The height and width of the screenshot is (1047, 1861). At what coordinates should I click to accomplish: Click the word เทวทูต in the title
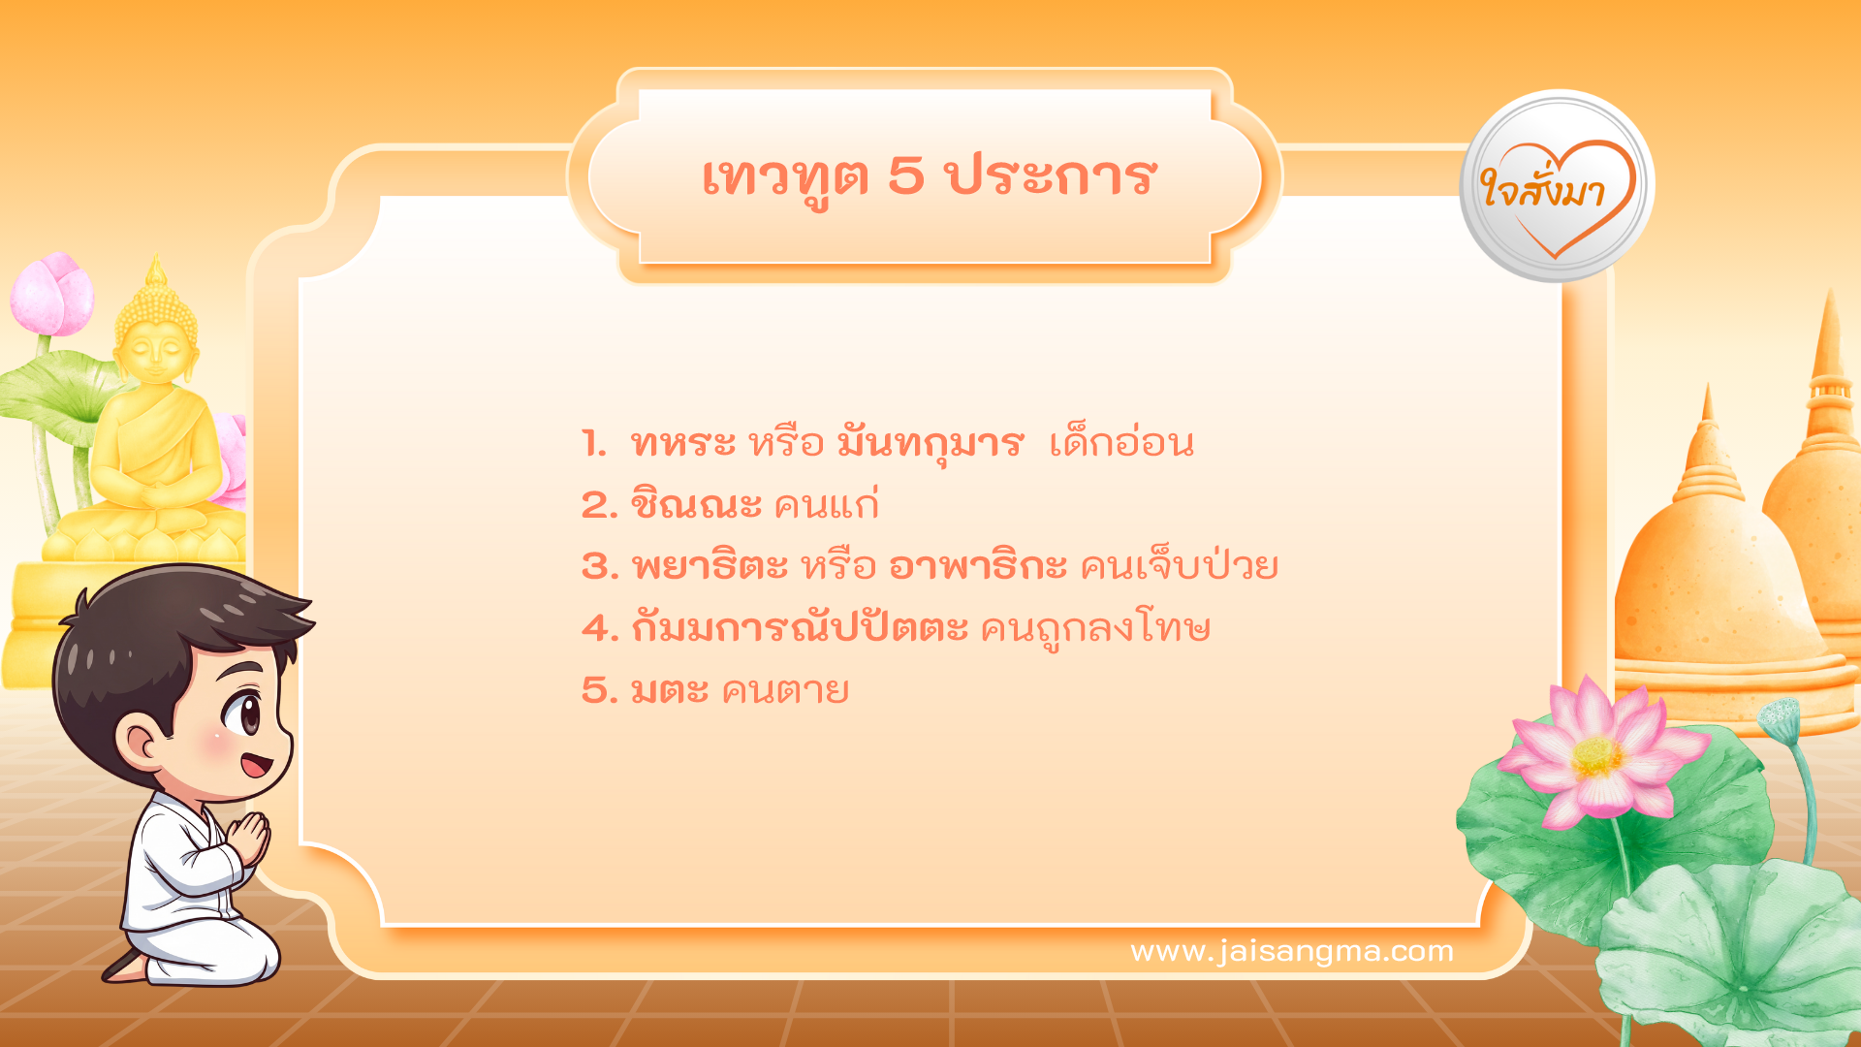coord(784,177)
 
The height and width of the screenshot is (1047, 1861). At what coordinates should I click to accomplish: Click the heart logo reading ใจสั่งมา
coord(1557,187)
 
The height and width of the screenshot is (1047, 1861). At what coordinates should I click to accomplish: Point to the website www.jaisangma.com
coord(1291,951)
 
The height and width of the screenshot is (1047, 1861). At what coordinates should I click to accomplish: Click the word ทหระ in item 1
coord(682,443)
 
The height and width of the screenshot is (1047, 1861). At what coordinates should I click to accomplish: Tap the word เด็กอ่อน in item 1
coord(1121,443)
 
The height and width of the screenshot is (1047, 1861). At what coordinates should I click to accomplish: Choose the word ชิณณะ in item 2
coord(695,504)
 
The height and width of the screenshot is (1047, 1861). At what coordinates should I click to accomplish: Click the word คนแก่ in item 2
coord(826,504)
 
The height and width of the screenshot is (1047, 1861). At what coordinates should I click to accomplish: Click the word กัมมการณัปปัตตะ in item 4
coord(799,628)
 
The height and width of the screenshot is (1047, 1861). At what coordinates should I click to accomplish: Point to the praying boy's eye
coord(243,715)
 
